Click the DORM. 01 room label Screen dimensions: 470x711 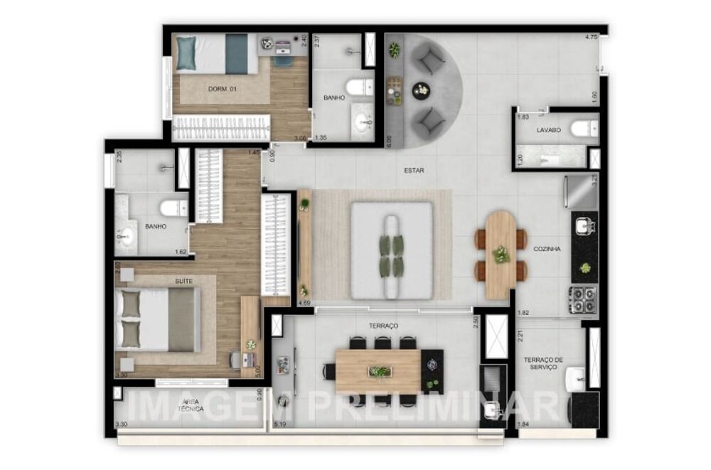tap(222, 89)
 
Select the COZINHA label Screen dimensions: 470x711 tap(547, 250)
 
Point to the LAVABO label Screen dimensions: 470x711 tap(548, 131)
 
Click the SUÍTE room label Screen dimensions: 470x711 tap(183, 282)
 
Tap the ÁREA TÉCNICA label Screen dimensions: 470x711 tap(190, 405)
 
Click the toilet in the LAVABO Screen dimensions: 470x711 tap(584, 129)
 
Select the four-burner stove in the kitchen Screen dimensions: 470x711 tap(583, 299)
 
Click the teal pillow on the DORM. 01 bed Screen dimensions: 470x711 tap(186, 53)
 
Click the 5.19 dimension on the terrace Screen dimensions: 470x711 tap(280, 425)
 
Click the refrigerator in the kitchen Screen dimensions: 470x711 tap(581, 192)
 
